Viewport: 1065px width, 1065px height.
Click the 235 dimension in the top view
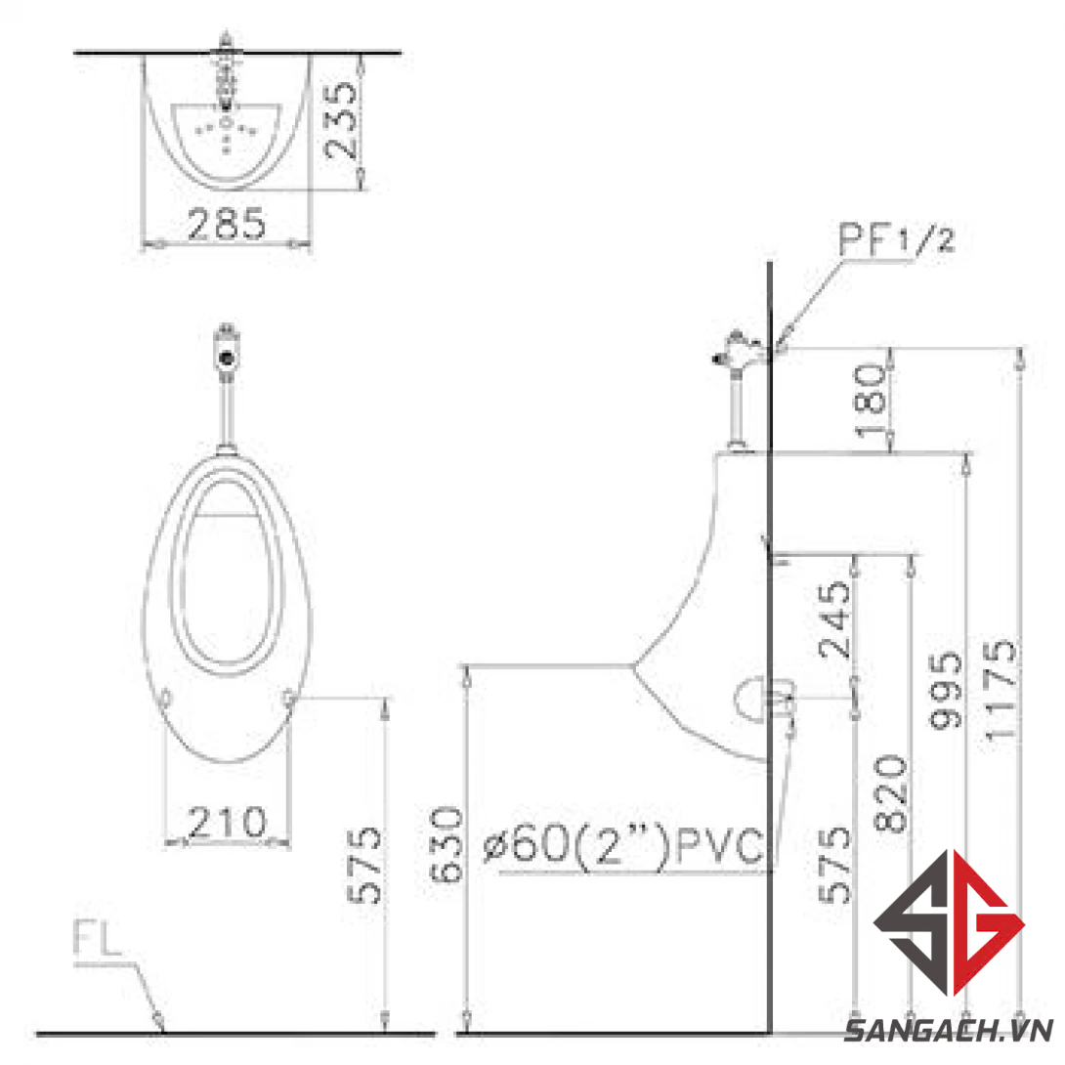[x=341, y=120]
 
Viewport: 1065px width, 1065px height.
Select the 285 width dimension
[x=226, y=224]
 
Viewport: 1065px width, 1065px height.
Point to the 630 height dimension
[x=447, y=845]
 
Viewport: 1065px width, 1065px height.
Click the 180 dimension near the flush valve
[x=870, y=401]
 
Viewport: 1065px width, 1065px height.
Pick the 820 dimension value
[x=890, y=792]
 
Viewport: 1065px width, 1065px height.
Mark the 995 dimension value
[x=946, y=690]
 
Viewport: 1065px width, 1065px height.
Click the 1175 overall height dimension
[x=1000, y=688]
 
